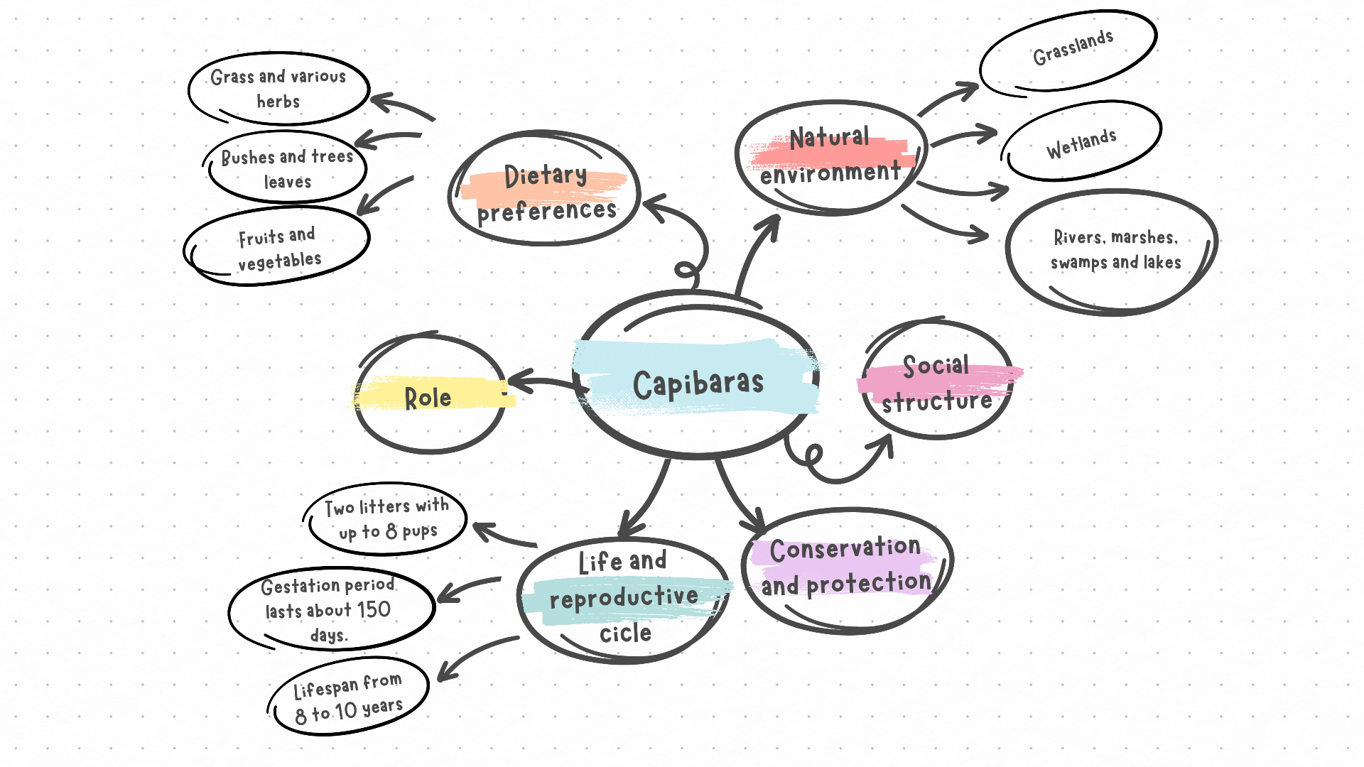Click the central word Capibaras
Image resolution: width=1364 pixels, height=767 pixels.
(698, 384)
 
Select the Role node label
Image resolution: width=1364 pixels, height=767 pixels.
(428, 398)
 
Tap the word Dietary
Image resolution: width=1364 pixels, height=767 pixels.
(546, 176)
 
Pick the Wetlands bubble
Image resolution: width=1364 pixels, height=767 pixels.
(1081, 142)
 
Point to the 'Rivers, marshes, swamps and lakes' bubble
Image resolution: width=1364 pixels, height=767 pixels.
(1115, 250)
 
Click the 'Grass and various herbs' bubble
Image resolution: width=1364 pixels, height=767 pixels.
(278, 89)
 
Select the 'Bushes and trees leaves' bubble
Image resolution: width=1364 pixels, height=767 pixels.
(287, 168)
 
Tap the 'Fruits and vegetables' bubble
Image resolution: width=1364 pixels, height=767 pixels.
(278, 248)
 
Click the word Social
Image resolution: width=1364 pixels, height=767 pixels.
(936, 366)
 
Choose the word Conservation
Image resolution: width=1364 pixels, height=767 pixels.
(845, 549)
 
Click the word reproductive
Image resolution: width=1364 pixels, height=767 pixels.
(624, 597)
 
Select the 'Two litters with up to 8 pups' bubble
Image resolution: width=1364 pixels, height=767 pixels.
(387, 518)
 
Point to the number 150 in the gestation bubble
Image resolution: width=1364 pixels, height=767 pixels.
(374, 609)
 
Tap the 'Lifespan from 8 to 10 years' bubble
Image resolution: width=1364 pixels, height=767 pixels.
(348, 698)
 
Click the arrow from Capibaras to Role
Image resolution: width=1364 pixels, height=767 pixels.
(543, 383)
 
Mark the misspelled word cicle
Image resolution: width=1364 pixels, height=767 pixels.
(625, 633)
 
